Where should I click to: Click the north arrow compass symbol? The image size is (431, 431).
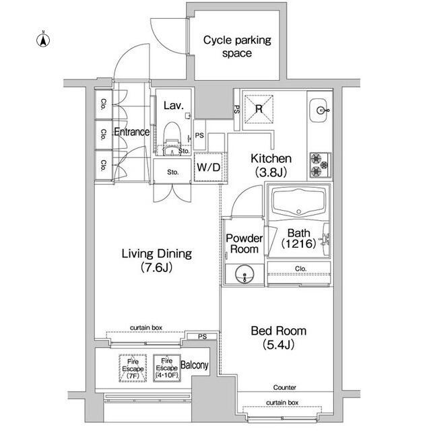[43, 40]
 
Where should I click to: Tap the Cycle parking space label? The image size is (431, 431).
[237, 46]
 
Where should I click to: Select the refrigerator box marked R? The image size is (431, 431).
[259, 109]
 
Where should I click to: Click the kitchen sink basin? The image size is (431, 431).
[319, 110]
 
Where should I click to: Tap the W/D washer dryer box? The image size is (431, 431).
[209, 167]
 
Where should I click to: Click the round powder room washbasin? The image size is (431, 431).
[244, 274]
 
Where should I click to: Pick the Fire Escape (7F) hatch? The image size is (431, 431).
[133, 368]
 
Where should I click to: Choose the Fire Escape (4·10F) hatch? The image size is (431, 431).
[167, 368]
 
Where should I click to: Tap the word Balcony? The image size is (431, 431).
[195, 365]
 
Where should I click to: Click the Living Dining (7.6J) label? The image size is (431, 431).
[157, 260]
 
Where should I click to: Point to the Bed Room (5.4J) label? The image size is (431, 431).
[278, 337]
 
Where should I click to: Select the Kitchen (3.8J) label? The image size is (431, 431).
[271, 165]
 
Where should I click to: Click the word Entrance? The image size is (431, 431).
[132, 132]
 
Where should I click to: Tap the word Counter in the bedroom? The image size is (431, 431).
[284, 388]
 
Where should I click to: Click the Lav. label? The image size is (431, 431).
[174, 105]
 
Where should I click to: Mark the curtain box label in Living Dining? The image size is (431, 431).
[146, 328]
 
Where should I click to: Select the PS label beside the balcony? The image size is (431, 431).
[202, 337]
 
